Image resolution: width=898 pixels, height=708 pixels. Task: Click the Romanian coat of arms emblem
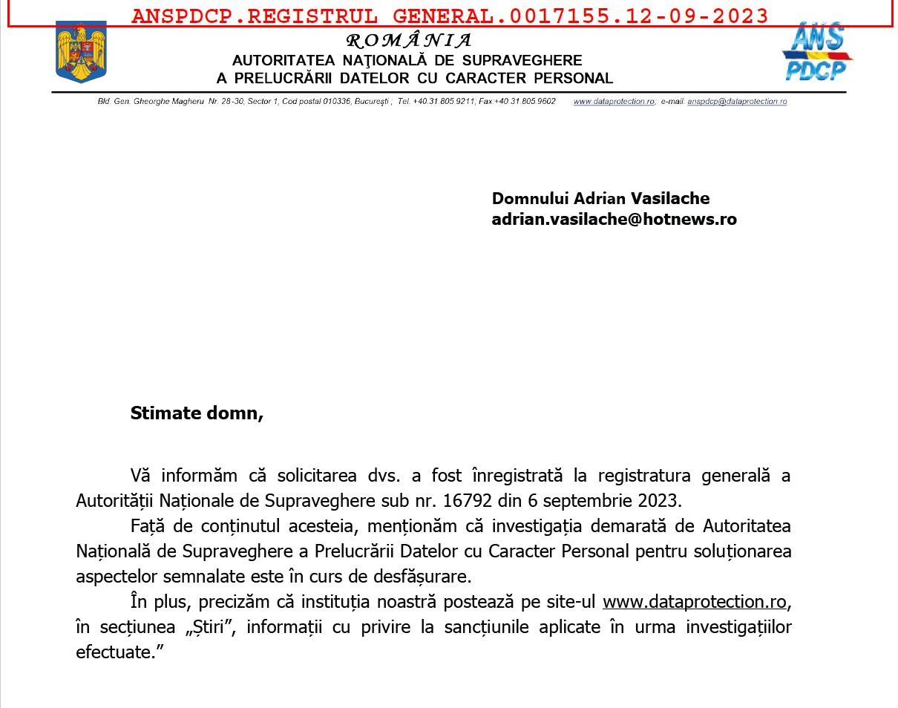(x=81, y=52)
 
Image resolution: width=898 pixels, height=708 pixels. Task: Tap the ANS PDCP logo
(x=817, y=52)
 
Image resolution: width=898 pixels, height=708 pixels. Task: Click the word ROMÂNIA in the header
(x=409, y=41)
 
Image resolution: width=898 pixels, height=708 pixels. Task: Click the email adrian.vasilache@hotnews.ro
(x=614, y=220)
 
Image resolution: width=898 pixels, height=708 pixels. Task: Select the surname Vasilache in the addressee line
(x=670, y=199)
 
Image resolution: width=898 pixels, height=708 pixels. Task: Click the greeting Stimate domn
(x=197, y=413)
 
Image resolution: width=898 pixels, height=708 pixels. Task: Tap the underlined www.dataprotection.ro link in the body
(x=694, y=602)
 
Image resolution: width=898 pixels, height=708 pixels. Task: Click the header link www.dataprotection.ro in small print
(x=614, y=102)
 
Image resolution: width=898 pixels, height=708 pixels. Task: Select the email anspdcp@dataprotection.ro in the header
(x=737, y=102)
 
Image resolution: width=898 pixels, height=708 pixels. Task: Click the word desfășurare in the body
(x=422, y=577)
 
